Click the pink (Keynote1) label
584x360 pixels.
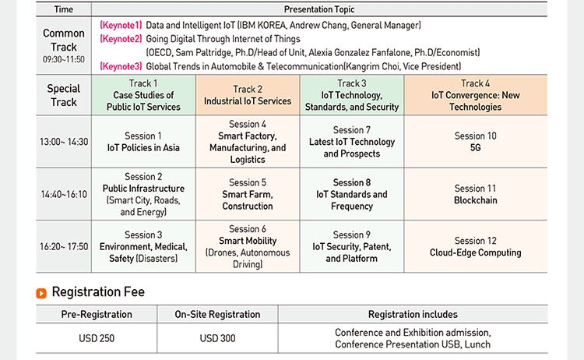point(121,26)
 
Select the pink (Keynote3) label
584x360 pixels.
point(121,66)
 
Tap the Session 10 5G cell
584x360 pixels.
point(476,142)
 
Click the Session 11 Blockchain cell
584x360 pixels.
point(476,194)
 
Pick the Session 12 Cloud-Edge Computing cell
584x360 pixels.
point(476,247)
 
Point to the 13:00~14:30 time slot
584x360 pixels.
point(64,142)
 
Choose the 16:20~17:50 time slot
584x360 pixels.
point(64,247)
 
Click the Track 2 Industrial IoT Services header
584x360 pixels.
point(248,95)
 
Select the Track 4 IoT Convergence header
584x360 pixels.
point(476,95)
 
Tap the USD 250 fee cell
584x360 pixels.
point(97,338)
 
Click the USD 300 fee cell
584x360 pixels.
point(217,338)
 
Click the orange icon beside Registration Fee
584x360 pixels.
point(41,293)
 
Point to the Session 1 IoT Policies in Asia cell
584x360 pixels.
point(143,142)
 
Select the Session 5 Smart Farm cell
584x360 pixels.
point(248,194)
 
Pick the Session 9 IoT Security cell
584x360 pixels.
point(352,247)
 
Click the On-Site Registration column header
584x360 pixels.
point(217,315)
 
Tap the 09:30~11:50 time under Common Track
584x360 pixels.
point(64,59)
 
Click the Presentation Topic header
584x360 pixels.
point(319,9)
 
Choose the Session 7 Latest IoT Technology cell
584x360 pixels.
point(352,142)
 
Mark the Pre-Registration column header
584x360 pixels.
point(97,315)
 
